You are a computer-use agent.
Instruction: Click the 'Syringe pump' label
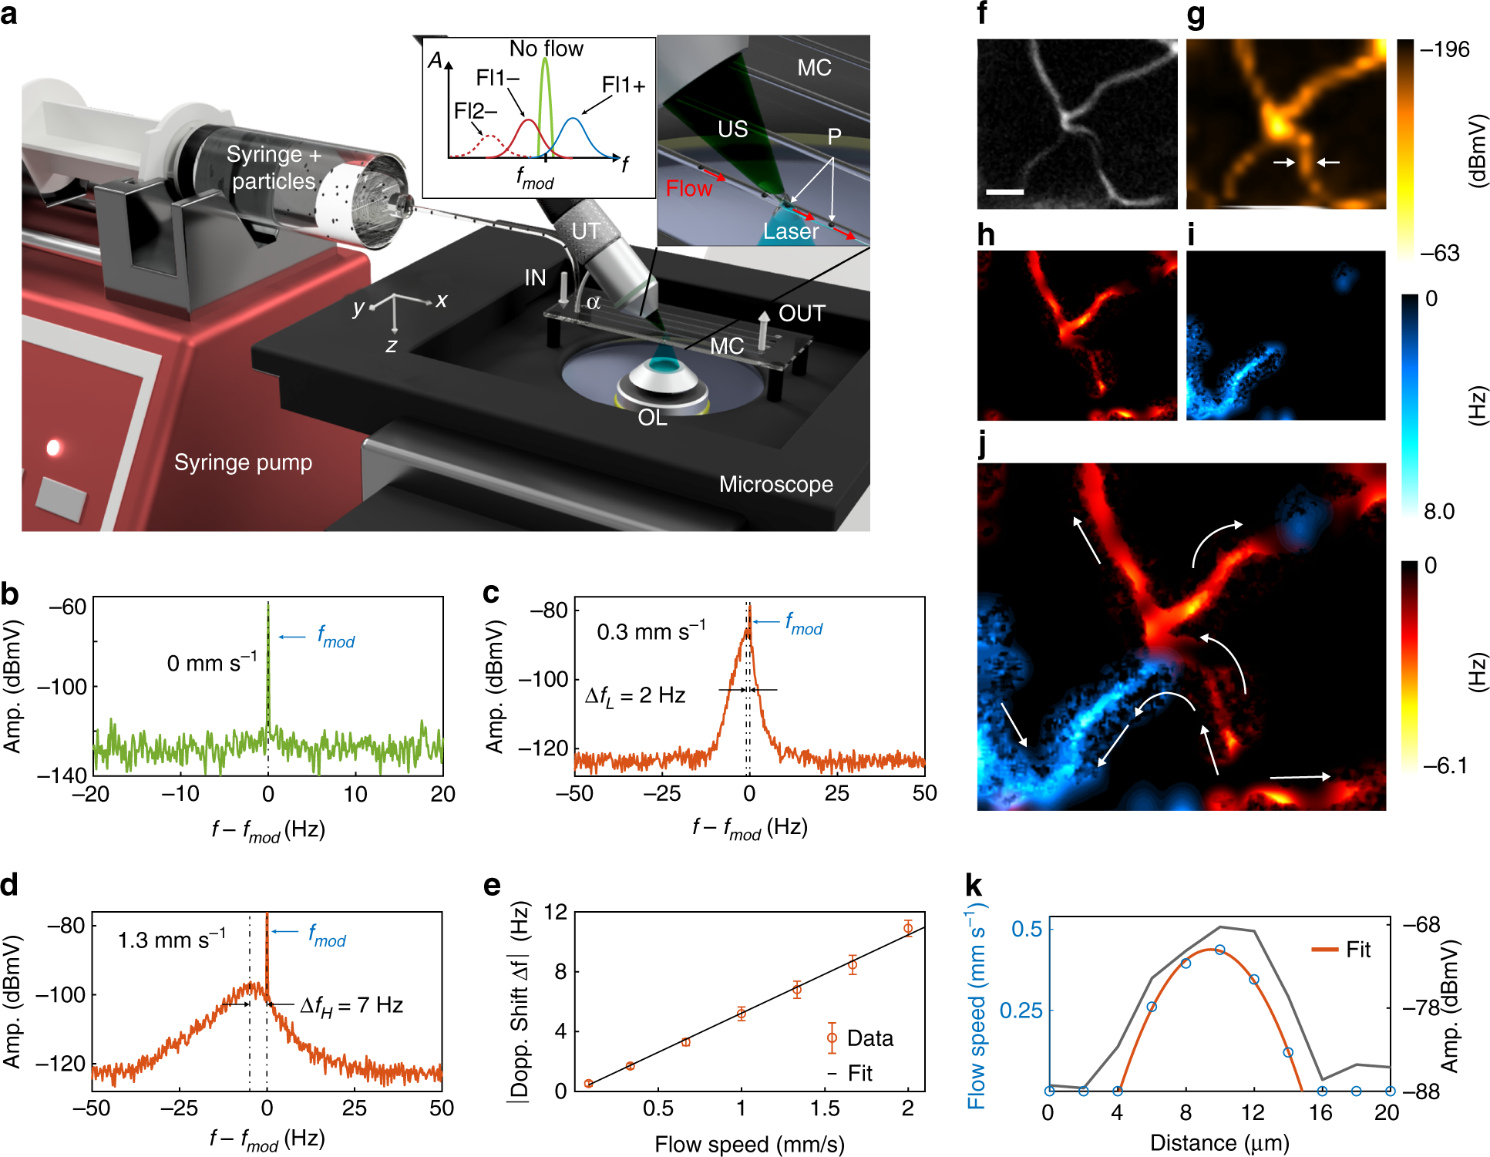click(x=243, y=462)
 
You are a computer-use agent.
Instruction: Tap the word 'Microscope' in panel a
click(x=775, y=484)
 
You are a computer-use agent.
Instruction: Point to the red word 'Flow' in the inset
click(x=688, y=189)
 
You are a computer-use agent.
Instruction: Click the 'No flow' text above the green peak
click(x=546, y=49)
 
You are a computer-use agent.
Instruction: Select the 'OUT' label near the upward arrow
click(x=802, y=314)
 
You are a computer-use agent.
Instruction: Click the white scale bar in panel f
click(x=1004, y=191)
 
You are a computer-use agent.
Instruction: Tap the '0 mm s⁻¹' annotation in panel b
click(x=212, y=663)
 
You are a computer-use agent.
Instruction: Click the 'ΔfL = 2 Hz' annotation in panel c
click(x=635, y=696)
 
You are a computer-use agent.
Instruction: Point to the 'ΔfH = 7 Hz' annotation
click(x=351, y=1006)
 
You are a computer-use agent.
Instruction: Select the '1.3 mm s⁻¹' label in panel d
click(x=171, y=940)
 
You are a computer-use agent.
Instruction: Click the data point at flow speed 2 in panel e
click(x=908, y=928)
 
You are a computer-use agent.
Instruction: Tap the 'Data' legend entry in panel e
click(x=869, y=1038)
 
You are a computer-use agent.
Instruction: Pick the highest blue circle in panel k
click(x=1219, y=950)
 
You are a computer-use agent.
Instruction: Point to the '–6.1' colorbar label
click(x=1445, y=766)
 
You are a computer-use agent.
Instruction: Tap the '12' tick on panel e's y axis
click(x=555, y=913)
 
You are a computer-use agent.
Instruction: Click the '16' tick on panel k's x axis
click(x=1320, y=1113)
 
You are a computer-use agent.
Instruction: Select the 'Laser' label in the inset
click(x=791, y=231)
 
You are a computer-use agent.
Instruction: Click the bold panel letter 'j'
click(x=982, y=445)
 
